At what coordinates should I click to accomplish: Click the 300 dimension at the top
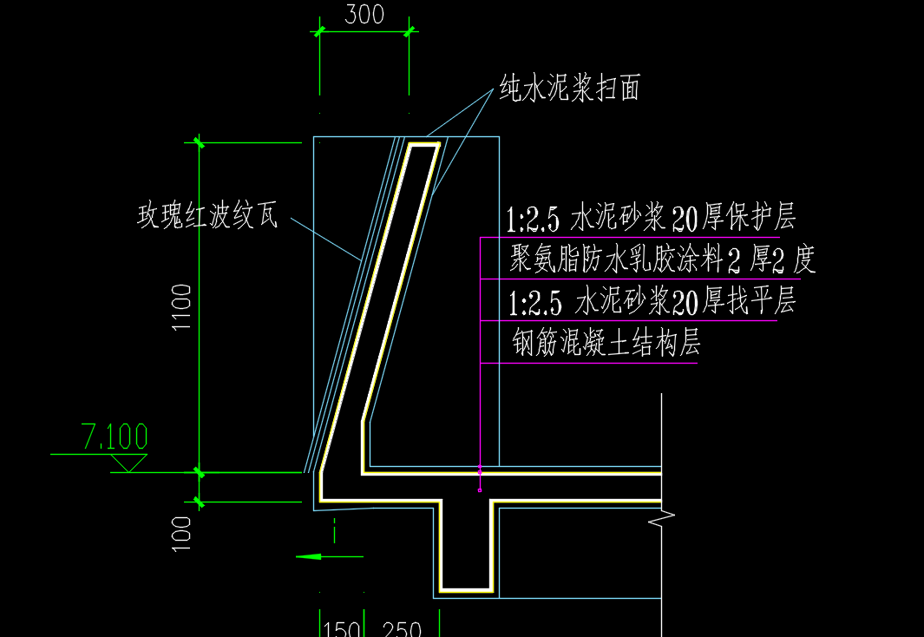click(x=364, y=15)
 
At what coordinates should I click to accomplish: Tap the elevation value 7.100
click(x=115, y=437)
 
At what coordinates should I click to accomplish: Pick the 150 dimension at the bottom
click(x=342, y=628)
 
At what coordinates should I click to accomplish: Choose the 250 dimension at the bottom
click(x=402, y=628)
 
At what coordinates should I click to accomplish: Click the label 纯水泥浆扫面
click(x=569, y=88)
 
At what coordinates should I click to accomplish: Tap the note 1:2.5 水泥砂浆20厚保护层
click(x=651, y=218)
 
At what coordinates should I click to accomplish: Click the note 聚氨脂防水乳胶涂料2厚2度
click(x=661, y=259)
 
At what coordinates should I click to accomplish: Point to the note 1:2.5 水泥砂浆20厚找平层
click(x=651, y=301)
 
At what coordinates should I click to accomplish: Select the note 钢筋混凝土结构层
click(x=606, y=344)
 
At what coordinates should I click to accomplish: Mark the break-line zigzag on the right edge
click(x=664, y=519)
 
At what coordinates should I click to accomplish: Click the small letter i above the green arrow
click(x=334, y=526)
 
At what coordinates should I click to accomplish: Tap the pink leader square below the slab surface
click(x=480, y=490)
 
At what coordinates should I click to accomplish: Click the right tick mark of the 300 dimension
click(x=409, y=31)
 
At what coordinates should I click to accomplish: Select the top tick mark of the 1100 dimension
click(x=200, y=142)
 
